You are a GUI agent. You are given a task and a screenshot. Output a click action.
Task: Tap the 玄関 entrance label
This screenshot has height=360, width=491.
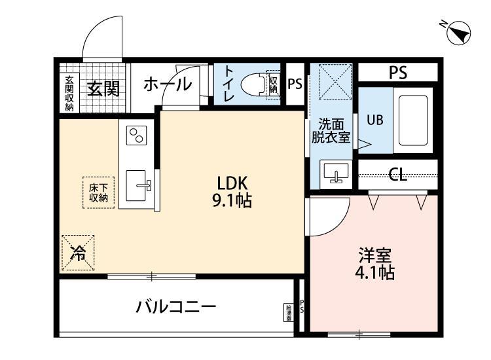point(103,87)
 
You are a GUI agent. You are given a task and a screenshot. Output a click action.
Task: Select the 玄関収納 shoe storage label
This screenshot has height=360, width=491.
point(69,92)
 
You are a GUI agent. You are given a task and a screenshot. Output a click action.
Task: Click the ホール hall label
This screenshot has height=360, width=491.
point(167,84)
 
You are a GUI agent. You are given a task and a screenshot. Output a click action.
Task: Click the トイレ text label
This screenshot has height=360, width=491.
point(229,84)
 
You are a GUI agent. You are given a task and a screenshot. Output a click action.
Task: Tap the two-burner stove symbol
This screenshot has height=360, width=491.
point(137,136)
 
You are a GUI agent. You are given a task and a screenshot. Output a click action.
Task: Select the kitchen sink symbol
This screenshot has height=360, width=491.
point(138,187)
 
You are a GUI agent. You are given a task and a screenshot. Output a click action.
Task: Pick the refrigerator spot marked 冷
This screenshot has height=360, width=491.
point(78,253)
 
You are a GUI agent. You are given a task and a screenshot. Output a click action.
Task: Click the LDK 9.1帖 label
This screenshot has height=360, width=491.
point(230,192)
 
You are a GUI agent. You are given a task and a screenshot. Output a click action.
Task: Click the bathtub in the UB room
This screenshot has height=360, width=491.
point(412,120)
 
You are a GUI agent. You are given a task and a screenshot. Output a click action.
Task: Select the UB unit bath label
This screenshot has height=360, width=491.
point(374,120)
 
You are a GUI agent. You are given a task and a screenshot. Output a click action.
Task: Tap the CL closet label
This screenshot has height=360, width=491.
point(397,175)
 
